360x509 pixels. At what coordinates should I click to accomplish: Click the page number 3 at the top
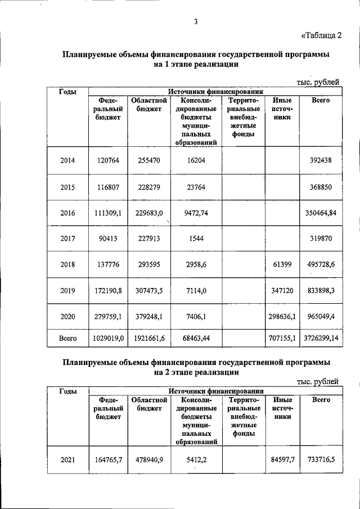point(195,22)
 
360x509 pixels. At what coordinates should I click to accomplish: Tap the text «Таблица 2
point(322,37)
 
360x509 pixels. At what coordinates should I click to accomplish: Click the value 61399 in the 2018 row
point(283,264)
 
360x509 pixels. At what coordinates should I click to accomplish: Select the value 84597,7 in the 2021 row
point(283,460)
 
